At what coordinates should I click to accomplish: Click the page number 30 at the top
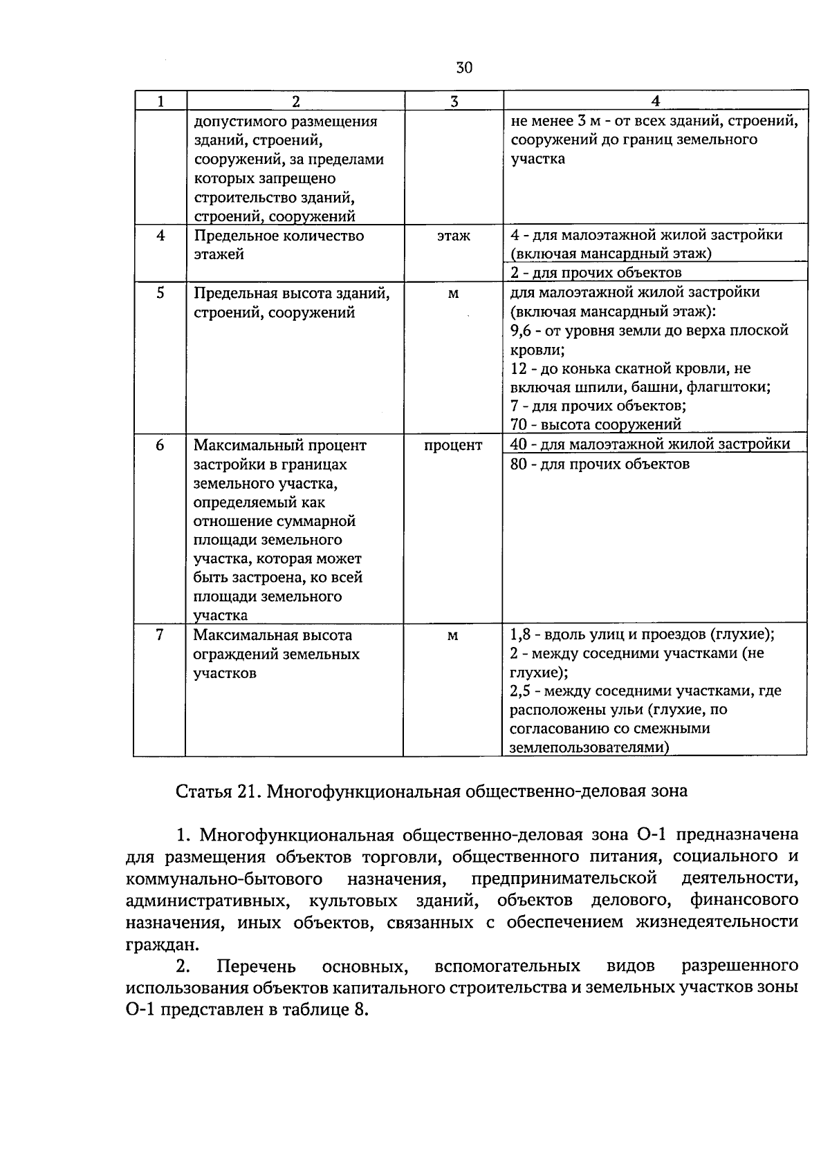tap(464, 68)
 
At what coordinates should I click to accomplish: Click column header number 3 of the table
tap(453, 102)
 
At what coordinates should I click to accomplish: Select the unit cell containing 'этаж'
tap(453, 236)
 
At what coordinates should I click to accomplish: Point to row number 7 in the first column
tap(160, 635)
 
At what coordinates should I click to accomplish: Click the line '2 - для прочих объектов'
tap(596, 272)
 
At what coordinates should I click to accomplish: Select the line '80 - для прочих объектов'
tap(600, 464)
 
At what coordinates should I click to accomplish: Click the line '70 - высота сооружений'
tap(596, 424)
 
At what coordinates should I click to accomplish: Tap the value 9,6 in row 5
tap(521, 330)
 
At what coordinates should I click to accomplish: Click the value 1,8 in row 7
tap(521, 634)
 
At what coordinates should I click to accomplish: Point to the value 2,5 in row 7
tap(521, 691)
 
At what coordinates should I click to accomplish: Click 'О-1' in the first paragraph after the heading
tap(651, 835)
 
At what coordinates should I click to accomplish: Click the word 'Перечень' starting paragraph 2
tap(256, 966)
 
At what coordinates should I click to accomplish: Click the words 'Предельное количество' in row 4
tap(278, 236)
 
